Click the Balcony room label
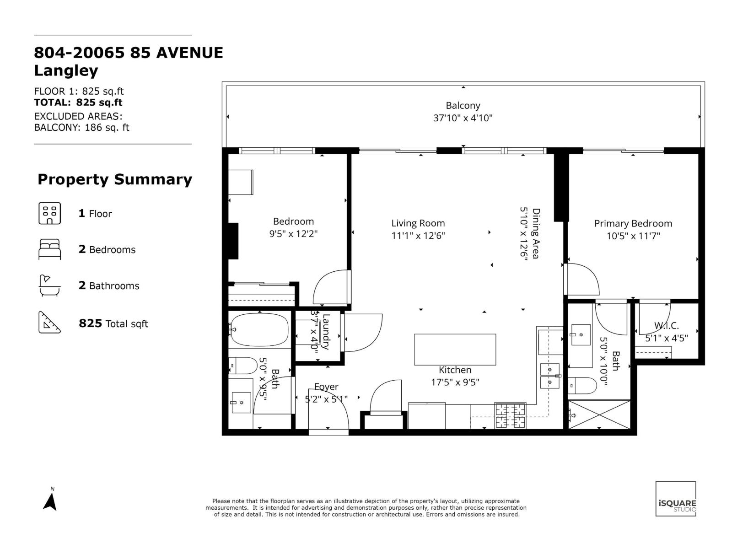[463, 106]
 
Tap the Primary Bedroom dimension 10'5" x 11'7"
[633, 236]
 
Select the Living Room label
[418, 223]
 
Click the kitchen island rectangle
[455, 350]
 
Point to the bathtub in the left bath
[259, 329]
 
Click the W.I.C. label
[666, 326]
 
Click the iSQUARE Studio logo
[676, 499]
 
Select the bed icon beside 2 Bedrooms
[49, 249]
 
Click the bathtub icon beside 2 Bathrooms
[49, 285]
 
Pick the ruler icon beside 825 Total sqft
[49, 323]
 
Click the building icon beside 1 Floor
[49, 213]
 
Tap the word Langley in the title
[66, 71]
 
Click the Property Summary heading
[114, 179]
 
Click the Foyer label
[326, 387]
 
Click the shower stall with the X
[599, 414]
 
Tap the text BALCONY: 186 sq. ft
[81, 128]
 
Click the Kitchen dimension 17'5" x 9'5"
[455, 382]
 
